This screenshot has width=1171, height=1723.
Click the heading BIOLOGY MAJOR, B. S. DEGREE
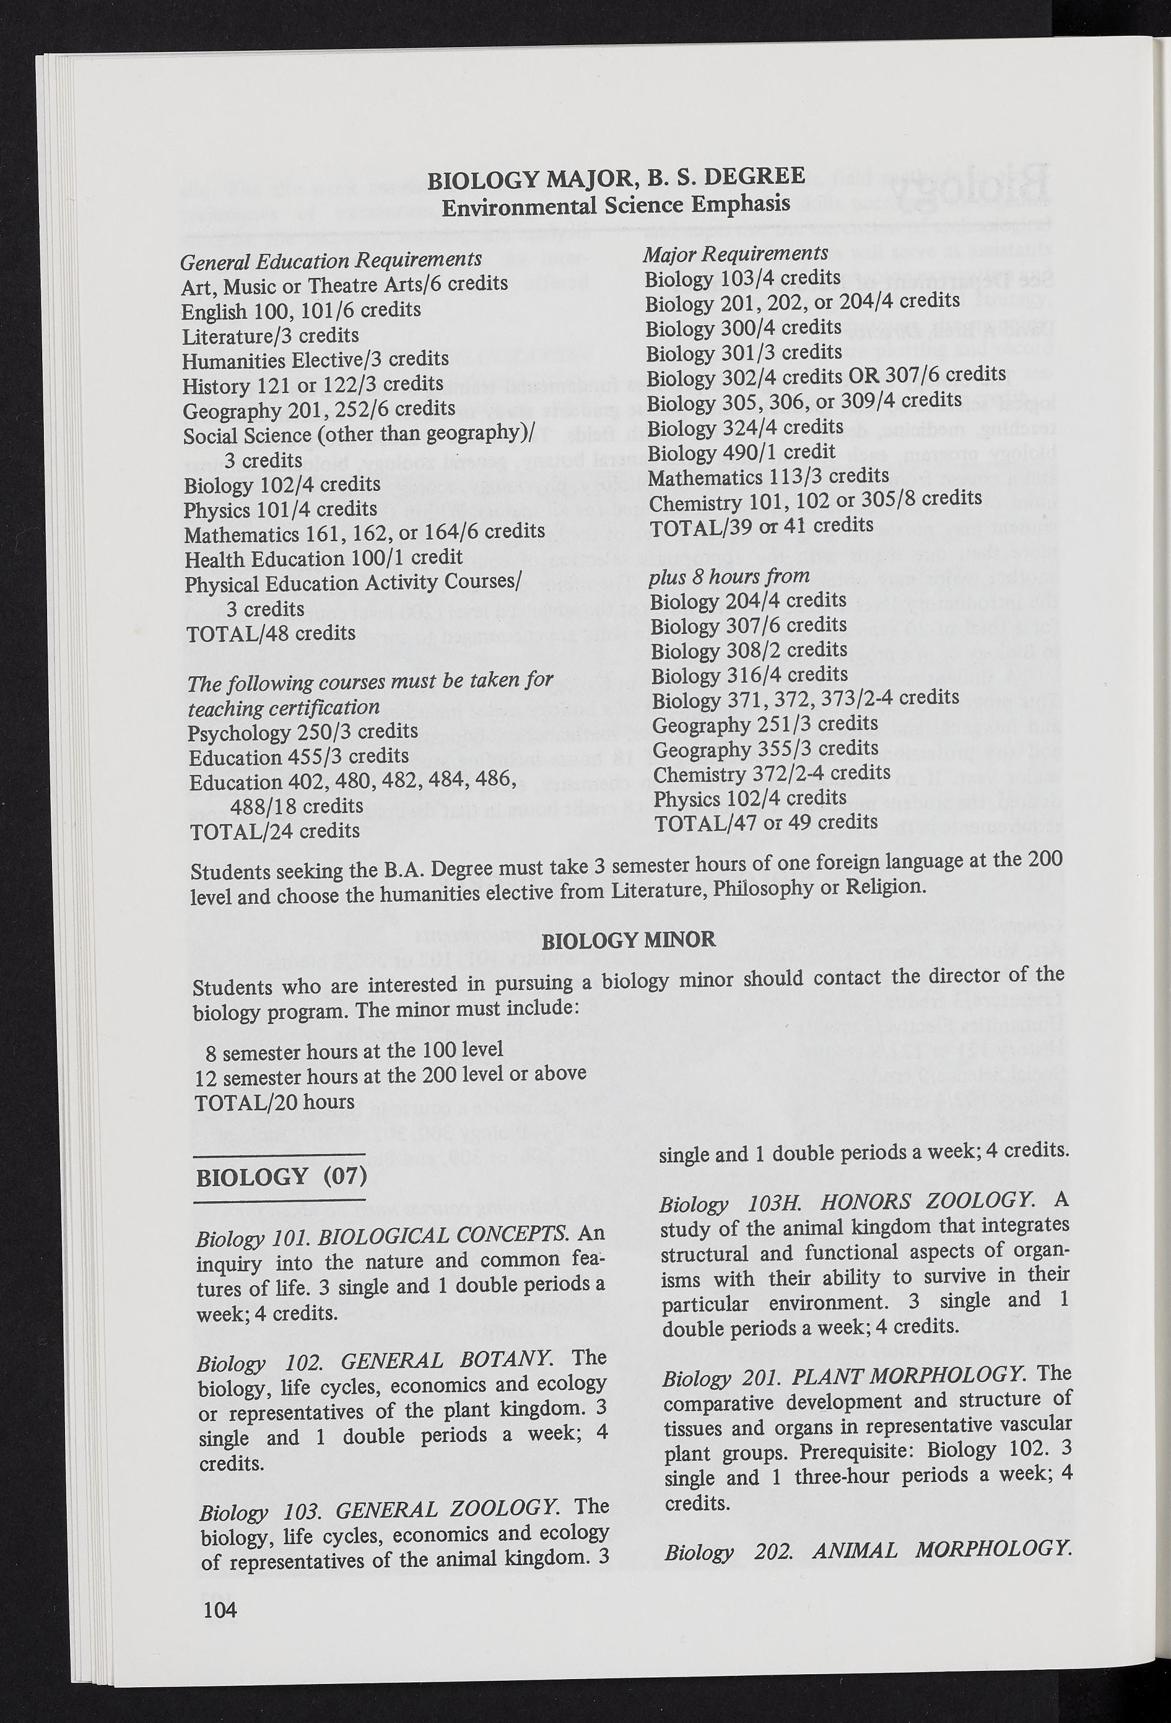tap(616, 178)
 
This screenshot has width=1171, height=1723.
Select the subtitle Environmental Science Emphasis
tap(615, 205)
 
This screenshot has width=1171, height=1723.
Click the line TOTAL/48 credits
tap(271, 634)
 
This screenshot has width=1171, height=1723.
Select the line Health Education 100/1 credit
tap(323, 558)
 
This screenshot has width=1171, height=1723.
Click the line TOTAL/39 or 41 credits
tap(761, 526)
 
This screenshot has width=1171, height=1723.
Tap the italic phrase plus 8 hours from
tap(729, 576)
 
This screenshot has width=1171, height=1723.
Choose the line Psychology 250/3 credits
tap(303, 733)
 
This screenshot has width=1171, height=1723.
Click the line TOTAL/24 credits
tap(275, 831)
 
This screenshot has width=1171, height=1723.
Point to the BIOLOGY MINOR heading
tap(629, 941)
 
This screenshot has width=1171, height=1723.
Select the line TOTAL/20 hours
tap(274, 1103)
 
